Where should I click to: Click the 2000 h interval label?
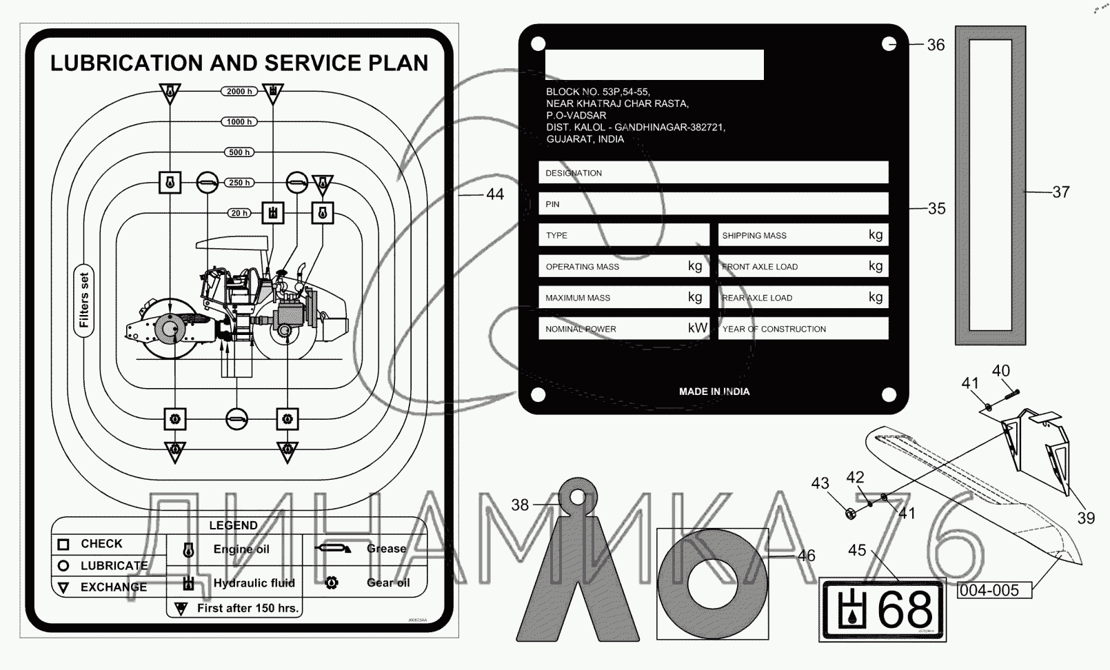[x=239, y=91]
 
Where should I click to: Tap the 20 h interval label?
[x=239, y=213]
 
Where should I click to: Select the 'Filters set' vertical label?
[x=84, y=301]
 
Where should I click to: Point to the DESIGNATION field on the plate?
[x=713, y=173]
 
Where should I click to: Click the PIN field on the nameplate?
[x=713, y=204]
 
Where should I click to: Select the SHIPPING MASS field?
[x=803, y=235]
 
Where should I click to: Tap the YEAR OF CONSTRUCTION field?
[x=803, y=329]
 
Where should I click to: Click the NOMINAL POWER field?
[x=623, y=329]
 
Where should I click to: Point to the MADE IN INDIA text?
[x=714, y=392]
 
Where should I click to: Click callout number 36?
[x=936, y=45]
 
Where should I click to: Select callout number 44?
[x=495, y=194]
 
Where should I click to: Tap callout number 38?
[x=520, y=505]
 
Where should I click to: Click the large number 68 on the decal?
[x=905, y=610]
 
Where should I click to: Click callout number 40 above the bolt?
[x=1001, y=371]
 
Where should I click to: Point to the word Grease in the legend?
[x=386, y=549]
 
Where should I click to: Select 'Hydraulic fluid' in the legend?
[x=254, y=583]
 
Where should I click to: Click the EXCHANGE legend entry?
[x=114, y=587]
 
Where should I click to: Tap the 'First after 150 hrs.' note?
[x=248, y=608]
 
